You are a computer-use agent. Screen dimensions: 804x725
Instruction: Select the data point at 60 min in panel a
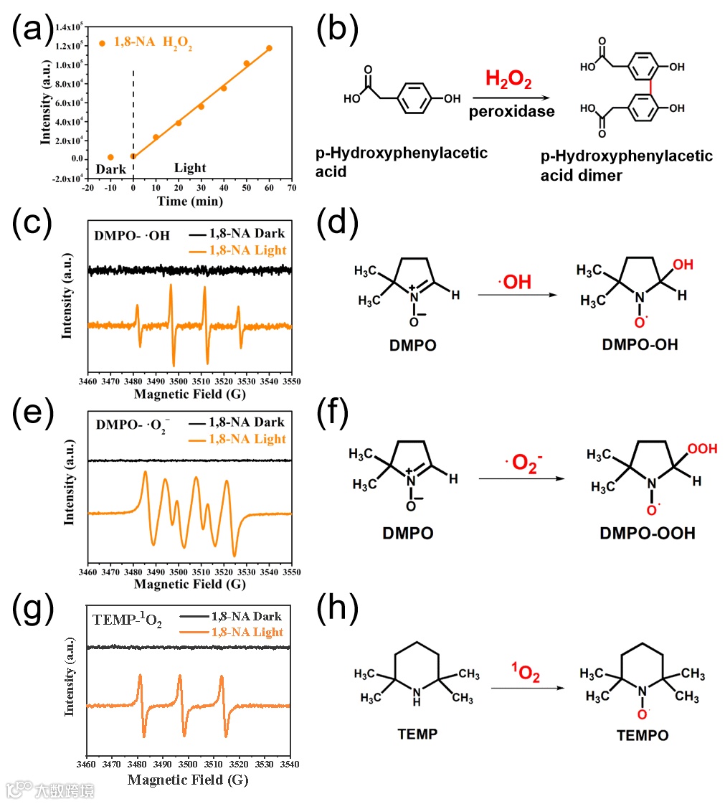(270, 49)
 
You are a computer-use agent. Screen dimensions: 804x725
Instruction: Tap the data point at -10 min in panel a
(110, 157)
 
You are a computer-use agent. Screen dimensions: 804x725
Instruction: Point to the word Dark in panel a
(111, 169)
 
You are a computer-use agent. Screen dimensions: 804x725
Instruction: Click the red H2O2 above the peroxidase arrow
(508, 79)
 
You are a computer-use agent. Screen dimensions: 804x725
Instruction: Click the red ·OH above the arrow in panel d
(513, 283)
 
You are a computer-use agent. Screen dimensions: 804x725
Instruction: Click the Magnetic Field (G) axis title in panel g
(188, 780)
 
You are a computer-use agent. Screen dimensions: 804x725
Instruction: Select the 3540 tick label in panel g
(290, 766)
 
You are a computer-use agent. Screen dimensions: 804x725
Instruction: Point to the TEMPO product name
(643, 735)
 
